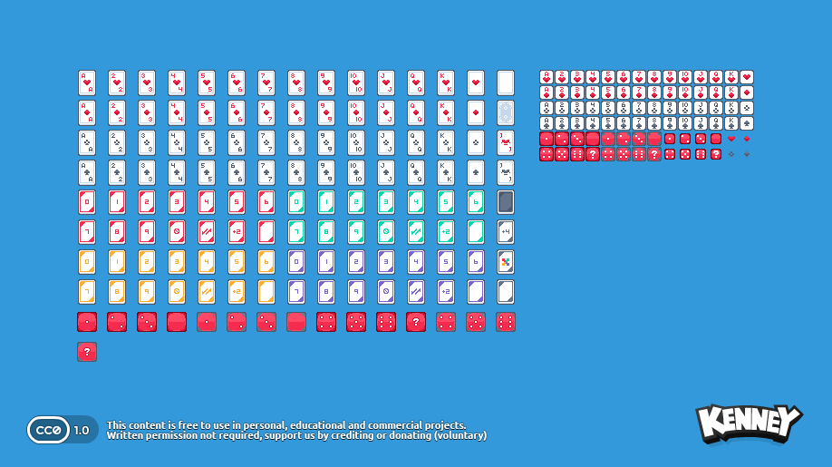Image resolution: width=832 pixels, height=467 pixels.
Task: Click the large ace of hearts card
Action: pyautogui.click(x=87, y=83)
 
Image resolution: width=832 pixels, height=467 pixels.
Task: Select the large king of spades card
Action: pyautogui.click(x=446, y=172)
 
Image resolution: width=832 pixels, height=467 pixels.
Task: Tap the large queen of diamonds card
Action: pyautogui.click(x=416, y=113)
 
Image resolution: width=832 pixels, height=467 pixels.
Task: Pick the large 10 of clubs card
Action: pyautogui.click(x=356, y=143)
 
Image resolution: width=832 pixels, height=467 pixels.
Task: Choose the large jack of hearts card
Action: pyautogui.click(x=386, y=83)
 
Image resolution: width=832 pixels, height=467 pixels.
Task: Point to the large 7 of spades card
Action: pyautogui.click(x=266, y=172)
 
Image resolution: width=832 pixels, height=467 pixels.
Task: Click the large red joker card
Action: pyautogui.click(x=506, y=143)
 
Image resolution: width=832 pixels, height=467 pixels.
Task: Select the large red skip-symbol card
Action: pyautogui.click(x=177, y=232)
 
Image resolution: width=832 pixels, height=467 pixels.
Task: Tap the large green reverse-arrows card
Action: pyautogui.click(x=416, y=232)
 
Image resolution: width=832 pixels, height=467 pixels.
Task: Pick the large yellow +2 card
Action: pyautogui.click(x=237, y=292)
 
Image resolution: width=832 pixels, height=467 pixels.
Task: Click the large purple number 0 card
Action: pyautogui.click(x=296, y=262)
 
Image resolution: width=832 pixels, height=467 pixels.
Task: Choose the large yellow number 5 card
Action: pyautogui.click(x=237, y=262)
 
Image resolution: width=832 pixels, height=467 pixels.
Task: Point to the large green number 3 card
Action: pyautogui.click(x=386, y=202)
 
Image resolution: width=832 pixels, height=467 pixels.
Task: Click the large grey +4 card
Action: pyautogui.click(x=506, y=232)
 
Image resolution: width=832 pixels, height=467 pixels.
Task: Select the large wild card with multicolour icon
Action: pyautogui.click(x=506, y=262)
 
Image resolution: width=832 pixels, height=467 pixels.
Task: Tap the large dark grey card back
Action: pyautogui.click(x=506, y=202)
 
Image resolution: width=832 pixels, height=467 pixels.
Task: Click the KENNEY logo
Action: pyautogui.click(x=749, y=423)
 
